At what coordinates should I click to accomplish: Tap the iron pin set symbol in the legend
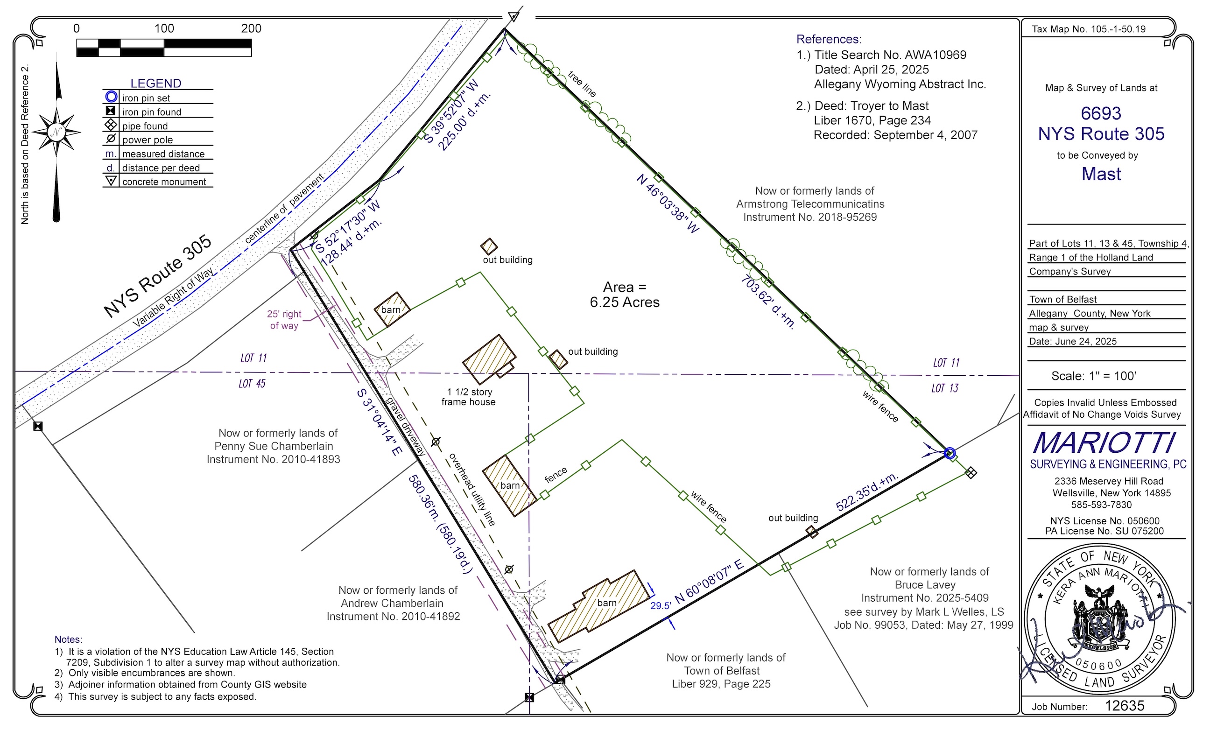coord(112,97)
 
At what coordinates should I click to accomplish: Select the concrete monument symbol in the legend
coord(112,181)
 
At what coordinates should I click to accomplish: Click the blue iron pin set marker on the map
coord(950,453)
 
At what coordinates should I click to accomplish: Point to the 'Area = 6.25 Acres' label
coord(625,295)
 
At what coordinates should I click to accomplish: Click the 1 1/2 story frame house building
coord(490,359)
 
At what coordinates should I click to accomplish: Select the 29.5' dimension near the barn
coord(661,606)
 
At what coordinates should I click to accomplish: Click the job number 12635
coord(1125,705)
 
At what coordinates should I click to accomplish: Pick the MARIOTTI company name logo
coord(1105,443)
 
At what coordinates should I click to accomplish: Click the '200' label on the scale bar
coord(251,28)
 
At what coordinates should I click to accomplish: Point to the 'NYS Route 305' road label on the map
coord(158,276)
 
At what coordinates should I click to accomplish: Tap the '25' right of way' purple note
coord(284,320)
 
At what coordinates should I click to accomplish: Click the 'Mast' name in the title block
coord(1102,174)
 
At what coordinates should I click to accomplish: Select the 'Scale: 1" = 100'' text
coord(1094,376)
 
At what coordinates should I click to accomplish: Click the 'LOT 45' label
coord(252,383)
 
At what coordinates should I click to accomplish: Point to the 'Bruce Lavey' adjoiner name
coord(925,585)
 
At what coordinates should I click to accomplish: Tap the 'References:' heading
coord(829,39)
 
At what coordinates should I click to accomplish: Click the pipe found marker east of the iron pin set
coord(971,473)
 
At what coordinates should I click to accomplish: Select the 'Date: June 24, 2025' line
coord(1073,341)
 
